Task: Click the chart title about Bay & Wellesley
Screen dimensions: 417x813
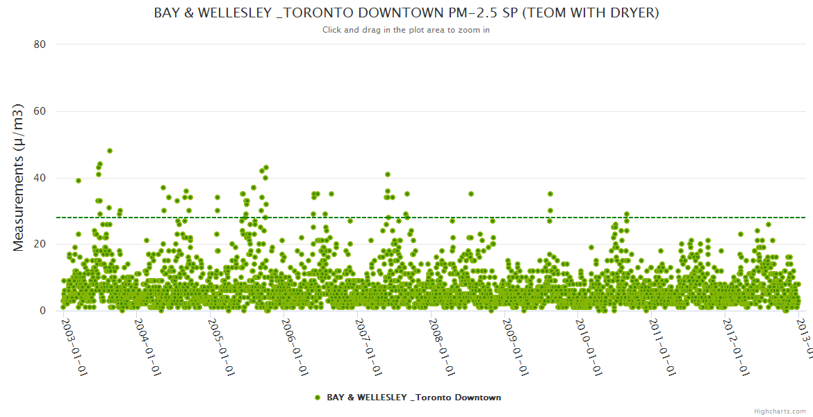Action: pyautogui.click(x=406, y=13)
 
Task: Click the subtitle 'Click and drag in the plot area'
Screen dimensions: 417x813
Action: pyautogui.click(x=406, y=30)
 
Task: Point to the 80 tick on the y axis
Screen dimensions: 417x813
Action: pyautogui.click(x=40, y=44)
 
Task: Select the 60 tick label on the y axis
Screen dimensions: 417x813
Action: pyautogui.click(x=40, y=111)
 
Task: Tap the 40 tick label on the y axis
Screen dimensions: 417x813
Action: pyautogui.click(x=40, y=178)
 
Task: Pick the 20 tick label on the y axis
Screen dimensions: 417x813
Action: pyautogui.click(x=40, y=244)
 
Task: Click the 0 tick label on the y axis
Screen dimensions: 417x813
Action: pyautogui.click(x=42, y=311)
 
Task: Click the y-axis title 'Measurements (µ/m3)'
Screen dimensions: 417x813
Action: pyautogui.click(x=19, y=177)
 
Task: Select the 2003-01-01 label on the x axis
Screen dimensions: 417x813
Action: pyautogui.click(x=74, y=347)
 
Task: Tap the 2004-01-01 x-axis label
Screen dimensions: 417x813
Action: pyautogui.click(x=147, y=347)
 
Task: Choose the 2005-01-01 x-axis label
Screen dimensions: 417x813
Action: pyautogui.click(x=221, y=347)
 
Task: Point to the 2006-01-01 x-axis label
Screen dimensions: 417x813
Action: pyautogui.click(x=295, y=347)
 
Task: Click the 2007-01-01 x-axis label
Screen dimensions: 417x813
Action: pyautogui.click(x=368, y=347)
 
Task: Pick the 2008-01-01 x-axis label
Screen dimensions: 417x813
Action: pyautogui.click(x=442, y=347)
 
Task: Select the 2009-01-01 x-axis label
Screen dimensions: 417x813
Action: pyautogui.click(x=516, y=347)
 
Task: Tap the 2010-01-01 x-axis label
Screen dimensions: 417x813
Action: pyautogui.click(x=589, y=347)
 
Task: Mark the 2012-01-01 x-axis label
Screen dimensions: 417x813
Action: pyautogui.click(x=736, y=347)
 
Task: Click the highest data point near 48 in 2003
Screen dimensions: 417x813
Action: pyautogui.click(x=110, y=151)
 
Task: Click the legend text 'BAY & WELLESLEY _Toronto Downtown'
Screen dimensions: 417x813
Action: pyautogui.click(x=413, y=398)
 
